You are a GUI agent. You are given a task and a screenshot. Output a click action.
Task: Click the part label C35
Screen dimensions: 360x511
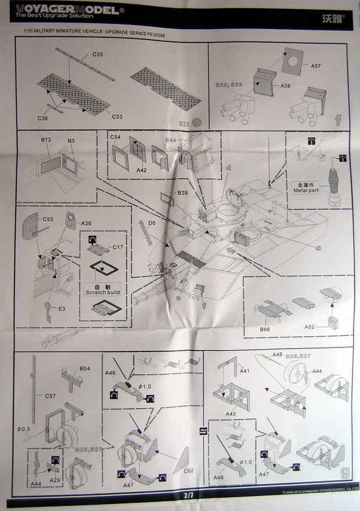pyautogui.click(x=98, y=54)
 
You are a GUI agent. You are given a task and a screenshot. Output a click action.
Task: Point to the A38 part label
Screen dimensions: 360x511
pyautogui.click(x=285, y=86)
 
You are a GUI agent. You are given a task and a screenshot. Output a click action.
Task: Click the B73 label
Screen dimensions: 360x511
pyautogui.click(x=46, y=140)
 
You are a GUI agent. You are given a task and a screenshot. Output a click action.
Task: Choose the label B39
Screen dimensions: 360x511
pyautogui.click(x=182, y=193)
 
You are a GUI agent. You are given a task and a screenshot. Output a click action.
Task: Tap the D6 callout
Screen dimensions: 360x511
pyautogui.click(x=151, y=223)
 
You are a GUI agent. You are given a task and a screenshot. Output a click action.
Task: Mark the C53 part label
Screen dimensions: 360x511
pyautogui.click(x=48, y=219)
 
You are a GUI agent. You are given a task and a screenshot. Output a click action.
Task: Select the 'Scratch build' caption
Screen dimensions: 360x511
pyautogui.click(x=101, y=292)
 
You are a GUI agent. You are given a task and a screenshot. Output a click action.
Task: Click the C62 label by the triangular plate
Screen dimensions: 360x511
pyautogui.click(x=189, y=470)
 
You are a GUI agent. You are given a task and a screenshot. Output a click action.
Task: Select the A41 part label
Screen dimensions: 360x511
pyautogui.click(x=245, y=371)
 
